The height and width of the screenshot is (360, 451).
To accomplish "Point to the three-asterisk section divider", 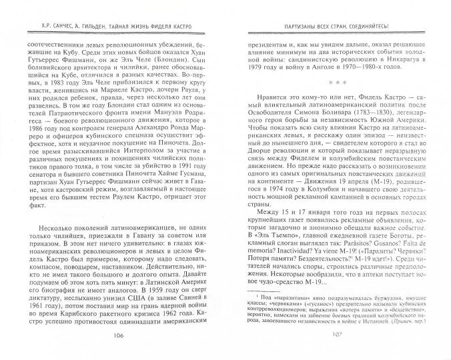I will tap(331, 82).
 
